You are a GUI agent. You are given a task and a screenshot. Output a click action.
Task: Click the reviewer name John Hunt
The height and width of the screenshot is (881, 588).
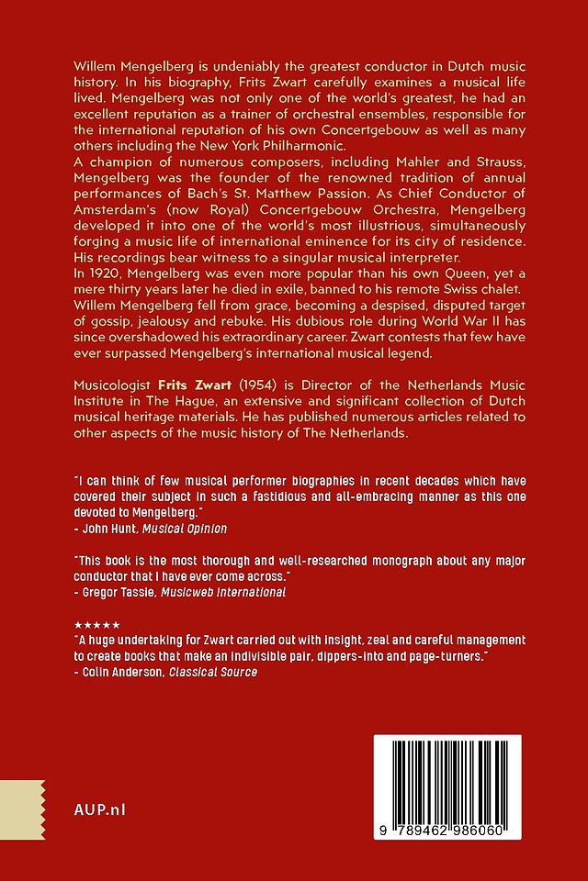pos(106,529)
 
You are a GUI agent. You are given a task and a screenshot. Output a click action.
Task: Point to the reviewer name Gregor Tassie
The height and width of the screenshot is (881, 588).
pos(114,592)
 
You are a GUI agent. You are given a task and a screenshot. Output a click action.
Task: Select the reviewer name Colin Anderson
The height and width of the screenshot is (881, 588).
pos(117,672)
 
